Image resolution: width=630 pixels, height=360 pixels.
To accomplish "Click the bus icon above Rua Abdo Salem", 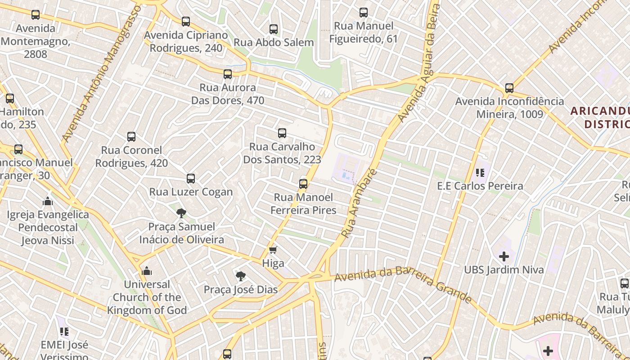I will coord(273,29).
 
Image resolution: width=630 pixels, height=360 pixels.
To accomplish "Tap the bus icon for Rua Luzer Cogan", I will coord(191,179).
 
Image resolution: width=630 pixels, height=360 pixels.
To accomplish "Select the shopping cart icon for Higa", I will coord(273,250).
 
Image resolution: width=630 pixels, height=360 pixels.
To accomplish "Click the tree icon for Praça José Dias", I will coord(241,276).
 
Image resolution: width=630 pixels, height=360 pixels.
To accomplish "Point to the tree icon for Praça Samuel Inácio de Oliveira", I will coord(181,213).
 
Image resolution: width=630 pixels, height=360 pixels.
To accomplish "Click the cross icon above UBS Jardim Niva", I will coord(504,256).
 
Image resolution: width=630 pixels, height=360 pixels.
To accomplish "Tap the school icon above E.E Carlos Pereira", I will coord(480,173).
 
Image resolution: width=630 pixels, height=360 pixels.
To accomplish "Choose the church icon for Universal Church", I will coord(147,271).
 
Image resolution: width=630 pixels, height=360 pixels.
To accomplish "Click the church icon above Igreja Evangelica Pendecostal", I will coord(48,201).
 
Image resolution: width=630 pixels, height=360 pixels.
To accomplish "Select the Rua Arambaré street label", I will coord(358,203).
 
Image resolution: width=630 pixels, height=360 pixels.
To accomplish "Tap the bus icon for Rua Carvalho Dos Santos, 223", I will coord(282,133).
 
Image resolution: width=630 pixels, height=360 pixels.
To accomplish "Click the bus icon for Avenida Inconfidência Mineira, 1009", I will coord(509,88).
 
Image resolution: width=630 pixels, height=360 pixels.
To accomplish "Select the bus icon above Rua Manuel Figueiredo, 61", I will coord(364,13).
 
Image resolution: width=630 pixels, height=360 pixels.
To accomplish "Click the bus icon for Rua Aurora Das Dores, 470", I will coord(228,74).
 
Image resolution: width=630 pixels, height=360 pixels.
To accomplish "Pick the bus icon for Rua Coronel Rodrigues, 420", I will coord(131,137).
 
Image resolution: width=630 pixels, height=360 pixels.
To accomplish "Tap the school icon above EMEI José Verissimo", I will coord(64,332).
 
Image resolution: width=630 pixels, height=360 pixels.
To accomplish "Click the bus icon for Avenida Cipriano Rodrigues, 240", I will coord(186,22).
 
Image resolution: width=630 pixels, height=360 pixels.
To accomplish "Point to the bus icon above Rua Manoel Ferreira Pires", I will coord(303,184).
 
